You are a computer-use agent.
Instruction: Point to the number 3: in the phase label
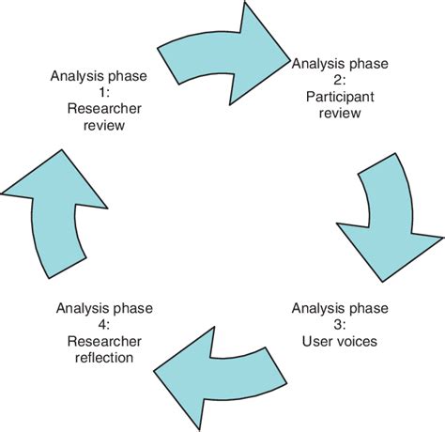point(340,324)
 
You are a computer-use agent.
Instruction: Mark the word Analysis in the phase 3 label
point(316,307)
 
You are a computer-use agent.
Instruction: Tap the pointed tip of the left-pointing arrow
point(155,369)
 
